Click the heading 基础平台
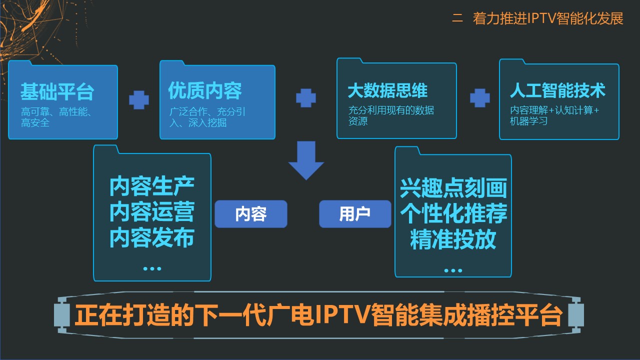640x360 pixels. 57,91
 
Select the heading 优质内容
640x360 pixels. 205,90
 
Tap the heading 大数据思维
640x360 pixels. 387,90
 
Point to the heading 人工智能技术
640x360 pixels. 557,90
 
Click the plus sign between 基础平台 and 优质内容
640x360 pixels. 139,100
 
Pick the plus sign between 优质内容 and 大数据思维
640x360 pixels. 306,98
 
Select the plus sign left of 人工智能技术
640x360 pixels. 479,98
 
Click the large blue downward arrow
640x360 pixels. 306,160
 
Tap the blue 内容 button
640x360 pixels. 251,214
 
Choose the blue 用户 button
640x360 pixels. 355,214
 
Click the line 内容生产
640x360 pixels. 152,186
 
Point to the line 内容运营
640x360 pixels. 152,211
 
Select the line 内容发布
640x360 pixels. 152,237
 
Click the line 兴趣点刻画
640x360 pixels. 453,188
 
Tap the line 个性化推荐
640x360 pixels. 453,213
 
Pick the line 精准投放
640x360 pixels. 453,239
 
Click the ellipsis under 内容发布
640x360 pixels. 152,268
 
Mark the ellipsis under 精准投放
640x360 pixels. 453,270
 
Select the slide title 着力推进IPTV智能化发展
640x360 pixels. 548,18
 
